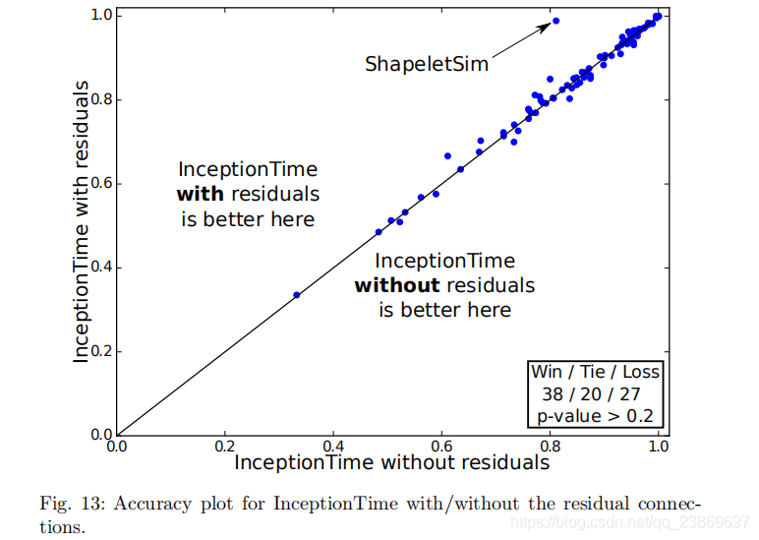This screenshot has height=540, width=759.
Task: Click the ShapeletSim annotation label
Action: pos(427,64)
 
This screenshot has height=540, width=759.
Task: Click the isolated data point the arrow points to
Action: pos(555,21)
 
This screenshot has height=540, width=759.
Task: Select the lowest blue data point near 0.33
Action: pos(296,295)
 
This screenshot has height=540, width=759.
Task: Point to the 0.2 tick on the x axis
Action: pos(225,446)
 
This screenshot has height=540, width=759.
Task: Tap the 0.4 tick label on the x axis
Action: pos(333,446)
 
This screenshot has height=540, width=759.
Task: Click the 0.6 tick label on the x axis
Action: pos(441,446)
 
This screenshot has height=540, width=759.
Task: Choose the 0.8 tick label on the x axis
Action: pos(550,446)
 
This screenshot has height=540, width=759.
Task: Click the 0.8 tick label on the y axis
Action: pos(98,99)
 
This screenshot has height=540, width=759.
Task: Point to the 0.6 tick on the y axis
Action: pos(98,184)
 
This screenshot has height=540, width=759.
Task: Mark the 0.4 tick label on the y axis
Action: pos(98,268)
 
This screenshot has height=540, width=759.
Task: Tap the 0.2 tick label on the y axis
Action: pos(98,351)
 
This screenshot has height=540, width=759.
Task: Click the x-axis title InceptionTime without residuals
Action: pos(391,461)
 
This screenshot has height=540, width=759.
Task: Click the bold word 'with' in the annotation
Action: pos(200,194)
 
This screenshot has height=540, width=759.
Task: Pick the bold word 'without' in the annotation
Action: pos(396,285)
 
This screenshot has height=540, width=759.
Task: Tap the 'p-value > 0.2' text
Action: pos(595,416)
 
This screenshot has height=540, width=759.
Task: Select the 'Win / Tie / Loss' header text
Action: pos(595,373)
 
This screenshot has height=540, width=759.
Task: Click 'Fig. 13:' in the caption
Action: pos(72,504)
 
